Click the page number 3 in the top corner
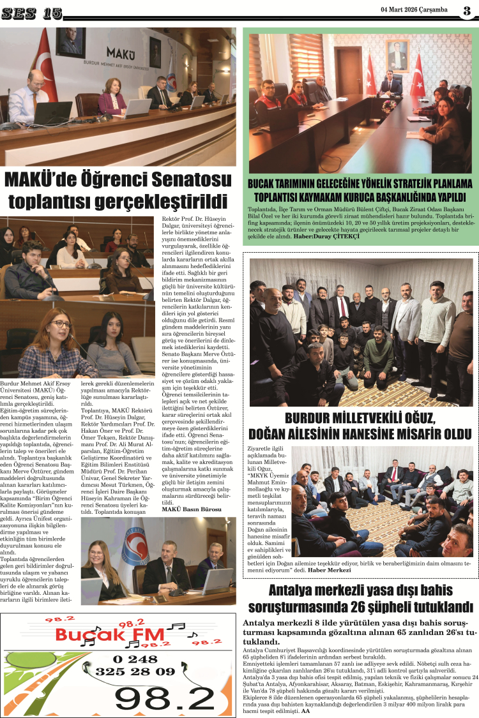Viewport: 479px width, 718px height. [467, 10]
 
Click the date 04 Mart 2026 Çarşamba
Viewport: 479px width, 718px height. [414, 10]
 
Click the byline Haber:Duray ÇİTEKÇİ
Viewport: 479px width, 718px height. [326, 237]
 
